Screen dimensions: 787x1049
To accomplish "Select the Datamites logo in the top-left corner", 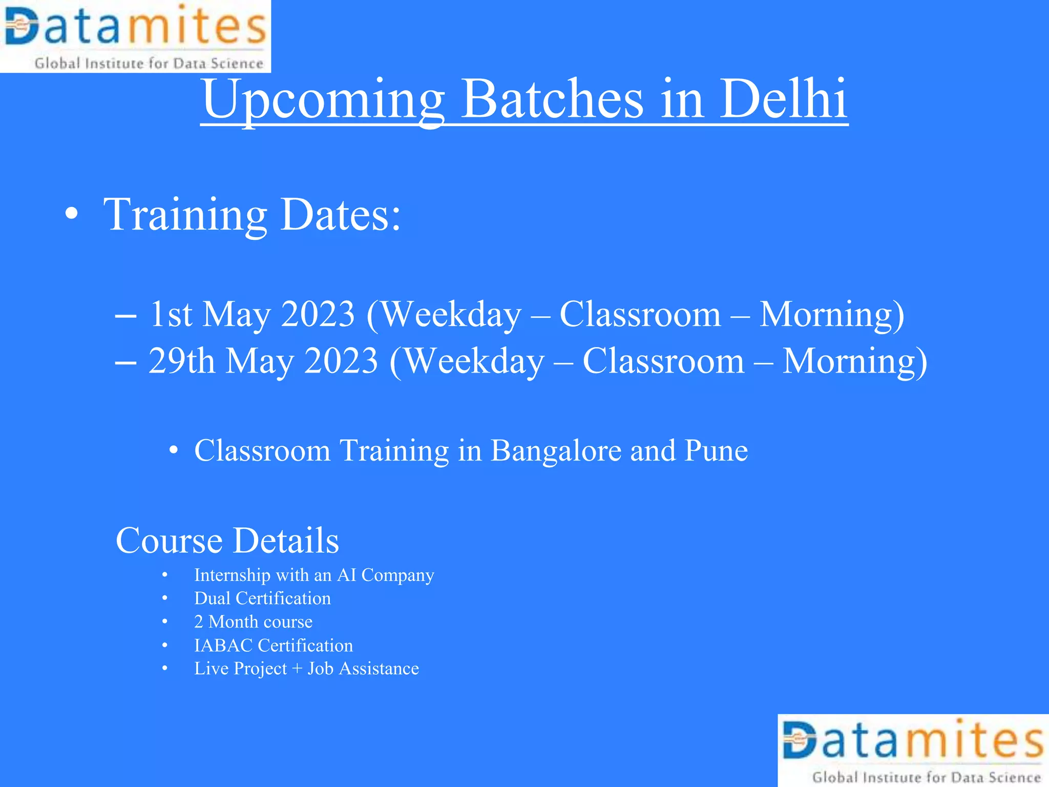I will [x=135, y=36].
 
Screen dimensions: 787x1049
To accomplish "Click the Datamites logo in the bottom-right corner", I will [x=913, y=750].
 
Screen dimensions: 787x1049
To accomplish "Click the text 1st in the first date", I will [x=171, y=314].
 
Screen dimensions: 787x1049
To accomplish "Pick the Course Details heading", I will [x=227, y=541].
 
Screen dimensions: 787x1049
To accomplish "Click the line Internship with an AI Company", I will [x=313, y=575].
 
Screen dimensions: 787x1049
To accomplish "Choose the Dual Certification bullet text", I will [x=262, y=598].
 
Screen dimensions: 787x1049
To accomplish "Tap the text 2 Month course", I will [x=253, y=622].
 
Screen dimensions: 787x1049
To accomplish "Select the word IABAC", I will [x=223, y=645].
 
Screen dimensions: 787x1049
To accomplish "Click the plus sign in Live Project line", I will [x=297, y=669].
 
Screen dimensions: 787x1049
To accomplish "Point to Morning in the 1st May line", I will [x=831, y=314].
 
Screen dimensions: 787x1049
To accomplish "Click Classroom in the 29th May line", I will [x=663, y=361].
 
